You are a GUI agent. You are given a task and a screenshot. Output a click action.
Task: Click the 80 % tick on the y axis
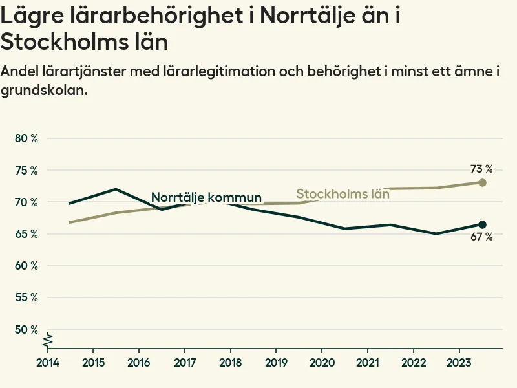pos(26,138)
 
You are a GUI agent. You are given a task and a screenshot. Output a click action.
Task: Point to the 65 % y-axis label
pos(26,234)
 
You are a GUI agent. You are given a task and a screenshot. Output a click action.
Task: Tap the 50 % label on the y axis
pos(26,330)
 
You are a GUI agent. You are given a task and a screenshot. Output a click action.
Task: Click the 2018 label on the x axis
pos(231,361)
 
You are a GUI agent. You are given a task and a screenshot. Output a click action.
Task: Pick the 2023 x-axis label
pos(459,361)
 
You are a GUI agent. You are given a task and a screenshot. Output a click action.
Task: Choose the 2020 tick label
pos(322,361)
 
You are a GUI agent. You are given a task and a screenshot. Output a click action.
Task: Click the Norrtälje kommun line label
pos(206,198)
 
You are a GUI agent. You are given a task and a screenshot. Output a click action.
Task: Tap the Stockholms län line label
pos(343,193)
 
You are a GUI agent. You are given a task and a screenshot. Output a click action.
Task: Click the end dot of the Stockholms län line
pos(482,182)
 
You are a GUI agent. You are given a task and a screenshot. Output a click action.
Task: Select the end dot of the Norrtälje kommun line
pos(482,224)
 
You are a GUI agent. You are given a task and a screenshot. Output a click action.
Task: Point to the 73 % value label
pos(481,169)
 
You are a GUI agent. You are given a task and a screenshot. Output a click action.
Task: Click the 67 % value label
pos(481,237)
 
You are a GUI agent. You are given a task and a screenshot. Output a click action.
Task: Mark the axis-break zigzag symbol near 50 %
pos(48,339)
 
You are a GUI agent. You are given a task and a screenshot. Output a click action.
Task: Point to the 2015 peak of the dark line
pos(115,189)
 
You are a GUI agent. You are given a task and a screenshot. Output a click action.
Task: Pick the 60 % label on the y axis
pos(26,266)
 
